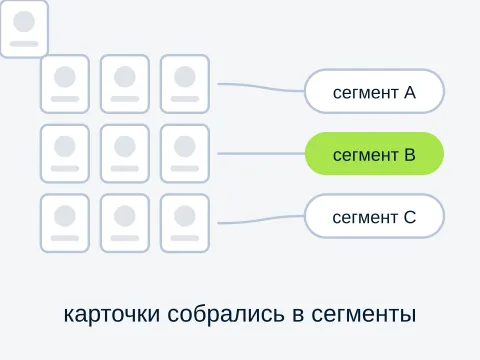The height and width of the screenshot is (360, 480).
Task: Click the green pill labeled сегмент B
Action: pyautogui.click(x=374, y=154)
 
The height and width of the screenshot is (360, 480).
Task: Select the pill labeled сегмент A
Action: pyautogui.click(x=374, y=91)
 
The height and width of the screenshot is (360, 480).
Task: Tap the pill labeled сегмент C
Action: pyautogui.click(x=374, y=216)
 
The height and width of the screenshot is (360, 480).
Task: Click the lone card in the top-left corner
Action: pyautogui.click(x=24, y=29)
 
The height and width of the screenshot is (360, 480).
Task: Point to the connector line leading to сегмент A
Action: pyautogui.click(x=261, y=87)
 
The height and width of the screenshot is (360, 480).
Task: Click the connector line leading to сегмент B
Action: pyautogui.click(x=261, y=154)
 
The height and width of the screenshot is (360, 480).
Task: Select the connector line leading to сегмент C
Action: pyautogui.click(x=261, y=220)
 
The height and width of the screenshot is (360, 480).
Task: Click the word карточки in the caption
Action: pyautogui.click(x=112, y=314)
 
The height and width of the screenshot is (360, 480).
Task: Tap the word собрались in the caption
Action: pyautogui.click(x=226, y=313)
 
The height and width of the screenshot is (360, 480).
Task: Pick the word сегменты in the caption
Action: pyautogui.click(x=364, y=314)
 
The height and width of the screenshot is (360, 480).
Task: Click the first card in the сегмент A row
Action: pyautogui.click(x=65, y=84)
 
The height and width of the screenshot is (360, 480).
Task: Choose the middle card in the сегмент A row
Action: pyautogui.click(x=125, y=84)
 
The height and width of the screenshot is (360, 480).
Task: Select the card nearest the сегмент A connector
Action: pyautogui.click(x=185, y=84)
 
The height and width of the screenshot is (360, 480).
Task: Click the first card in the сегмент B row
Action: pyautogui.click(x=65, y=154)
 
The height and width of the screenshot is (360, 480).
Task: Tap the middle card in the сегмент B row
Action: pyautogui.click(x=125, y=154)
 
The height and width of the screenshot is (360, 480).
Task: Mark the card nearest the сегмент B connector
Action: pyautogui.click(x=185, y=154)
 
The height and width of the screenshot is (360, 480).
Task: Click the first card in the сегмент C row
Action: pyautogui.click(x=65, y=223)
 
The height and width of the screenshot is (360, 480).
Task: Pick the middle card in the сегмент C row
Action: pyautogui.click(x=125, y=223)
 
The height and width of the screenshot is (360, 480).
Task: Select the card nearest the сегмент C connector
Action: pyautogui.click(x=185, y=223)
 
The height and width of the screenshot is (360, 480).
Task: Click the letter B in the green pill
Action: pyautogui.click(x=410, y=155)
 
